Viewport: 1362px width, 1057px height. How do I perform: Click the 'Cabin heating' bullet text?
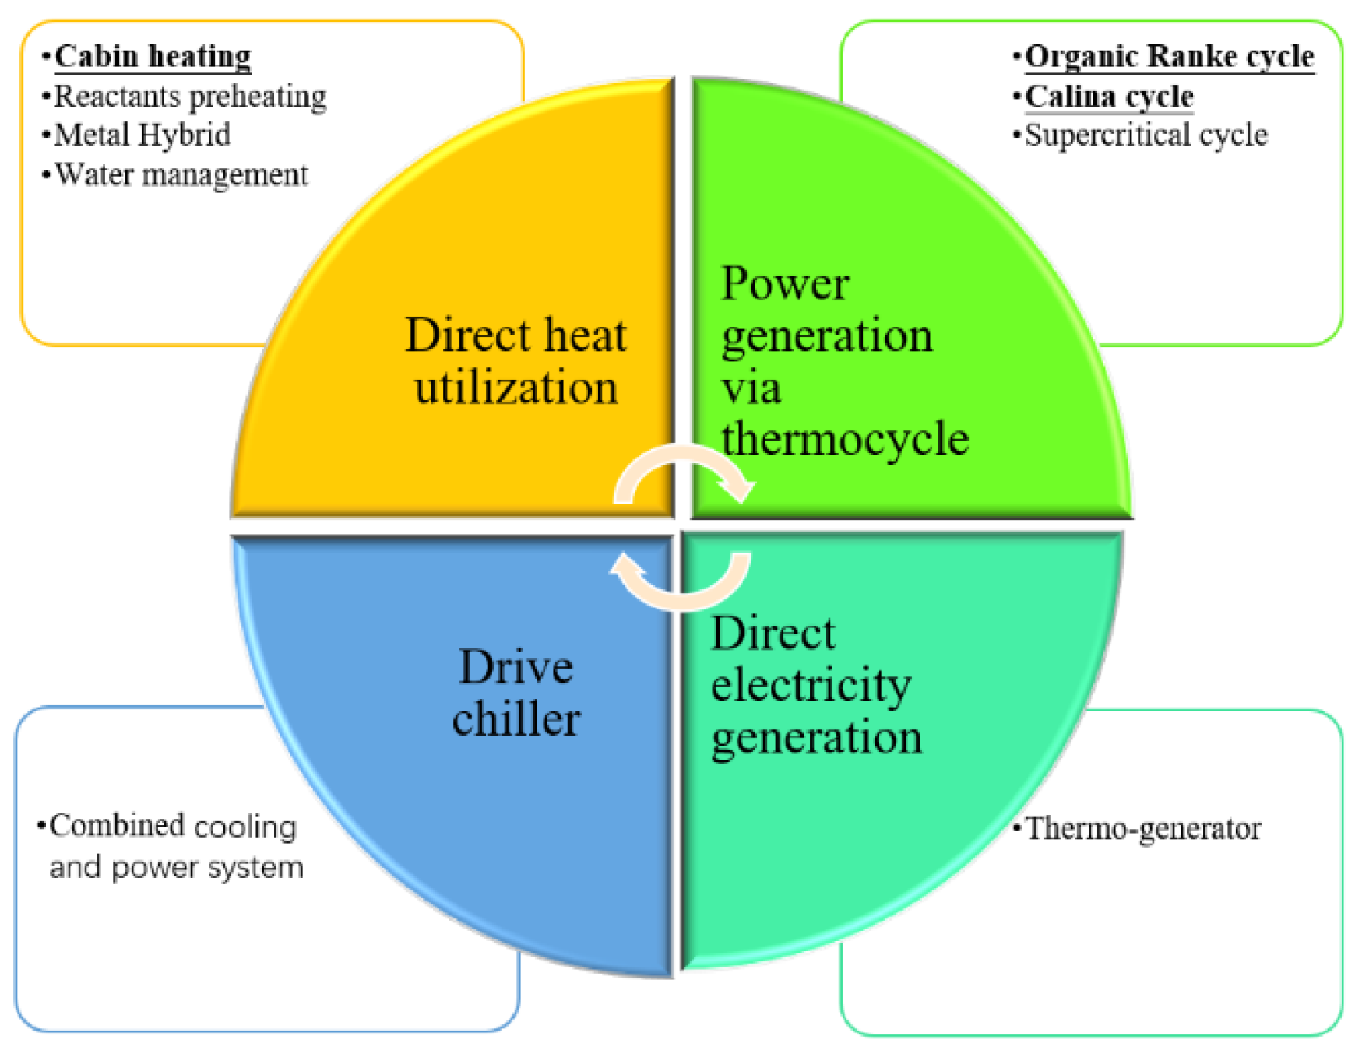pyautogui.click(x=153, y=56)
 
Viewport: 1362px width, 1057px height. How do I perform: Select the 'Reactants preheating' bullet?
pyautogui.click(x=190, y=97)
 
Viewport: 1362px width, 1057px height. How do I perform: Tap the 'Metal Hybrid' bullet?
pyautogui.click(x=143, y=135)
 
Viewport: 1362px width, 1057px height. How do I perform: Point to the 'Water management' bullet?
pyautogui.click(x=181, y=175)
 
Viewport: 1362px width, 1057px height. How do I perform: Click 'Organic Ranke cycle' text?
pyautogui.click(x=1169, y=56)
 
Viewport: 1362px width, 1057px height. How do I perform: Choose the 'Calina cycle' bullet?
pyautogui.click(x=1109, y=97)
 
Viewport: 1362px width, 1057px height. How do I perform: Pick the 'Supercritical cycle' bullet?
pyautogui.click(x=1146, y=135)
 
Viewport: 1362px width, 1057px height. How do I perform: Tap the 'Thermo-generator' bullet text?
pyautogui.click(x=1142, y=829)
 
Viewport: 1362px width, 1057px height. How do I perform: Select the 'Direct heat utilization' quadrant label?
pyautogui.click(x=516, y=360)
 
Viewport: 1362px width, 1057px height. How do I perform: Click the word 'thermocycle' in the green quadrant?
pyautogui.click(x=845, y=439)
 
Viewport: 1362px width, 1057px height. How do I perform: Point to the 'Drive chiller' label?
pyautogui.click(x=516, y=692)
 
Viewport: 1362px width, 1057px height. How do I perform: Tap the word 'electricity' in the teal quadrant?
pyautogui.click(x=811, y=686)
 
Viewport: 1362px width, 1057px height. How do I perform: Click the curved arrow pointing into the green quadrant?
pyautogui.click(x=685, y=472)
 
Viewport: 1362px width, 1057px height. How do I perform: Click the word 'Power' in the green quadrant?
pyautogui.click(x=785, y=283)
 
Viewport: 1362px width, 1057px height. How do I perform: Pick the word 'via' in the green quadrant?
pyautogui.click(x=751, y=388)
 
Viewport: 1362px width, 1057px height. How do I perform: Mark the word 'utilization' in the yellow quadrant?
pyautogui.click(x=516, y=387)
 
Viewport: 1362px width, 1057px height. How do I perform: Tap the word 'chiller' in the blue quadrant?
pyautogui.click(x=516, y=718)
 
